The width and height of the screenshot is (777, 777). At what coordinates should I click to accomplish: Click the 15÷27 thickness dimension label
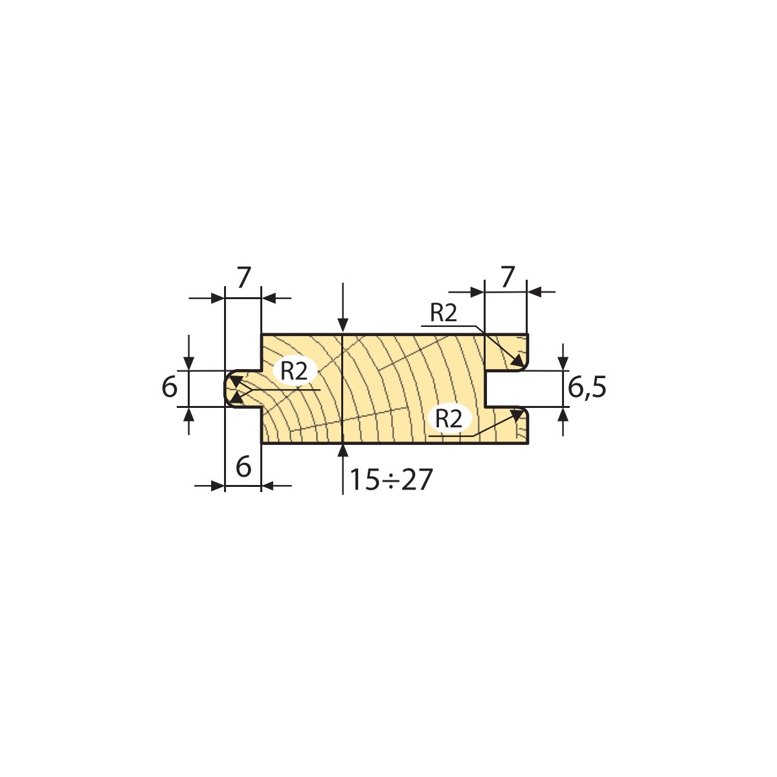pos(390,480)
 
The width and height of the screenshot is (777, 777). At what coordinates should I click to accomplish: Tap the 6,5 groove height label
pos(587,388)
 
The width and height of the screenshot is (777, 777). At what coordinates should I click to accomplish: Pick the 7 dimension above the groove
pos(508,277)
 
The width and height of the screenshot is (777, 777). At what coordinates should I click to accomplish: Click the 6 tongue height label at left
pos(170,387)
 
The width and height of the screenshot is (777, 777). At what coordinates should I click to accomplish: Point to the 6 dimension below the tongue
pos(243,467)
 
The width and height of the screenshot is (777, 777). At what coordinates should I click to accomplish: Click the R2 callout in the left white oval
pos(294,371)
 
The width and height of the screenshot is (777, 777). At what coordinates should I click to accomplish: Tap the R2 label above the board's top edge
pos(444,313)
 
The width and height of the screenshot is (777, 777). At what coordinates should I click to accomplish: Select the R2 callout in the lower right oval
pos(449,418)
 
